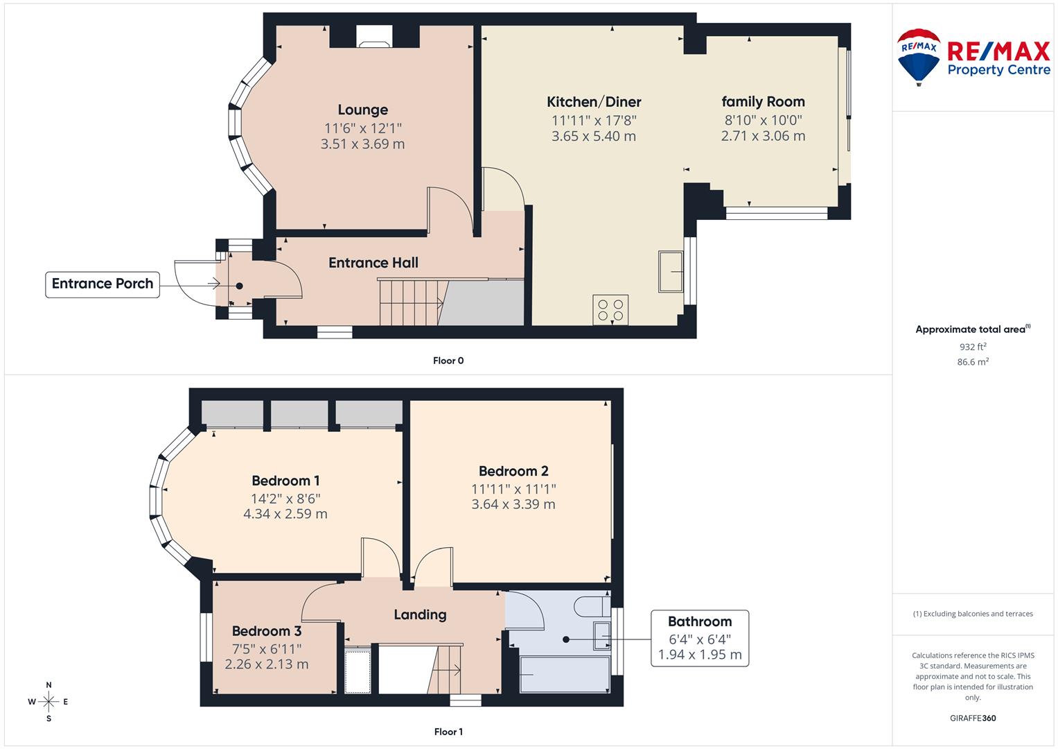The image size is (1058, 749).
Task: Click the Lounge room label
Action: (x=362, y=110)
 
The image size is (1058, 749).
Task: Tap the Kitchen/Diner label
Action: (x=594, y=102)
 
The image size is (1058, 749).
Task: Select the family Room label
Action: (x=763, y=102)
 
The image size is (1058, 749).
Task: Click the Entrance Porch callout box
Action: (x=103, y=284)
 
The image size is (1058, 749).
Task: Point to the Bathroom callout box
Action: (x=699, y=638)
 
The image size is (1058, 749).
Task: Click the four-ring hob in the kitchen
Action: (x=610, y=310)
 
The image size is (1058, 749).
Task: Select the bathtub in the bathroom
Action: (x=564, y=675)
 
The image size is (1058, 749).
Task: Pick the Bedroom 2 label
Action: (x=513, y=472)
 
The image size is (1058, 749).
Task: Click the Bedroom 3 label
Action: (x=266, y=631)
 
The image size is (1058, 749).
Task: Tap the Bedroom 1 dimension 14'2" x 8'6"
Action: (x=285, y=498)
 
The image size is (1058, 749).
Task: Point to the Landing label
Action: (x=420, y=614)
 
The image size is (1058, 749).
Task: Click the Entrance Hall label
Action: (x=373, y=263)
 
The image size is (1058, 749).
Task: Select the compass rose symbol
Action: (x=49, y=702)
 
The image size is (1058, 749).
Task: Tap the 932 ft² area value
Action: (x=973, y=347)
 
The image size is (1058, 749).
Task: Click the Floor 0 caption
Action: (x=448, y=361)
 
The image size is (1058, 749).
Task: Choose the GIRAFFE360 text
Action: (x=972, y=718)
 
